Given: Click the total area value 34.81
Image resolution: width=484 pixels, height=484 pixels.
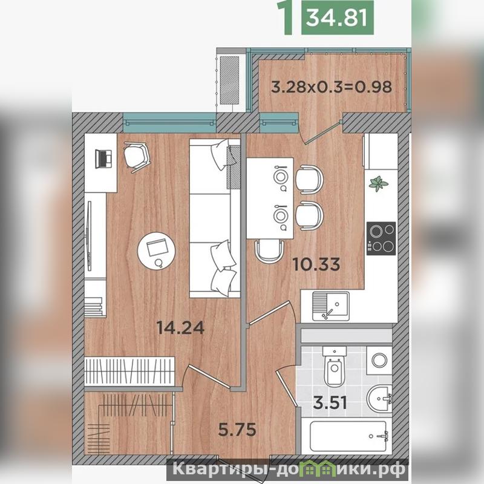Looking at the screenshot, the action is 337,18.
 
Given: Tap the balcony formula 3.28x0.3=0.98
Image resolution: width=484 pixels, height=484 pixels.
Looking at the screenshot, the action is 332,87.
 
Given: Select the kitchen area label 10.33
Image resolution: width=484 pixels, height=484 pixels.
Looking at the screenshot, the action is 316,264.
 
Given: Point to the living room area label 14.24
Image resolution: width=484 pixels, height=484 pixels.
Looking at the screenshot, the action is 180,327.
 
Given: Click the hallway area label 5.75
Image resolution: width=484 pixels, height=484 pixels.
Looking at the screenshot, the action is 237,430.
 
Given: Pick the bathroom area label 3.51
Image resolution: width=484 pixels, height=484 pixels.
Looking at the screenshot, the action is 330,403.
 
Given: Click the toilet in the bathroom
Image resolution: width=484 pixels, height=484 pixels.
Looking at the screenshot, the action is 334,366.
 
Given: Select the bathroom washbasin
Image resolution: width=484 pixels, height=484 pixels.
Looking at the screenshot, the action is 380,399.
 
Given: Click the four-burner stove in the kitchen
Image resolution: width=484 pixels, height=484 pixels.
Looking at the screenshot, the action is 381,238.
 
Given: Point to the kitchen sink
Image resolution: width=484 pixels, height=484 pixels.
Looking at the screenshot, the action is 330,306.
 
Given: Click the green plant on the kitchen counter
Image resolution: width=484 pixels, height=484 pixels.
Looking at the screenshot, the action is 379,183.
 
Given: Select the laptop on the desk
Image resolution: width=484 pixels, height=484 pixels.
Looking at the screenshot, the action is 103,159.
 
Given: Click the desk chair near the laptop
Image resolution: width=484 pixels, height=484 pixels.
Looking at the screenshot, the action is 137,157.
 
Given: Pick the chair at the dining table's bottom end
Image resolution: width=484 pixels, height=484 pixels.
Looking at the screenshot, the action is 269,250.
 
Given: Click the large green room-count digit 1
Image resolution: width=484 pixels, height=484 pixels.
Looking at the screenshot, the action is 288,18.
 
